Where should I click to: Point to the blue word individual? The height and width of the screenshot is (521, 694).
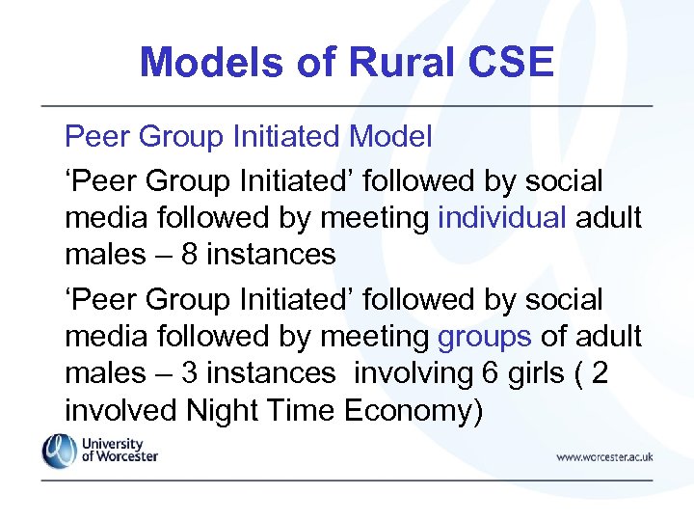(502, 218)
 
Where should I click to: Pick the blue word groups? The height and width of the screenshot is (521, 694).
(485, 337)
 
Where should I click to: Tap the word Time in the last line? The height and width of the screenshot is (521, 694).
(293, 410)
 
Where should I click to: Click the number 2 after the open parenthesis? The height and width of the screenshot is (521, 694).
(600, 373)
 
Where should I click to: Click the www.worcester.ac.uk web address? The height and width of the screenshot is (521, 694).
(603, 456)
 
